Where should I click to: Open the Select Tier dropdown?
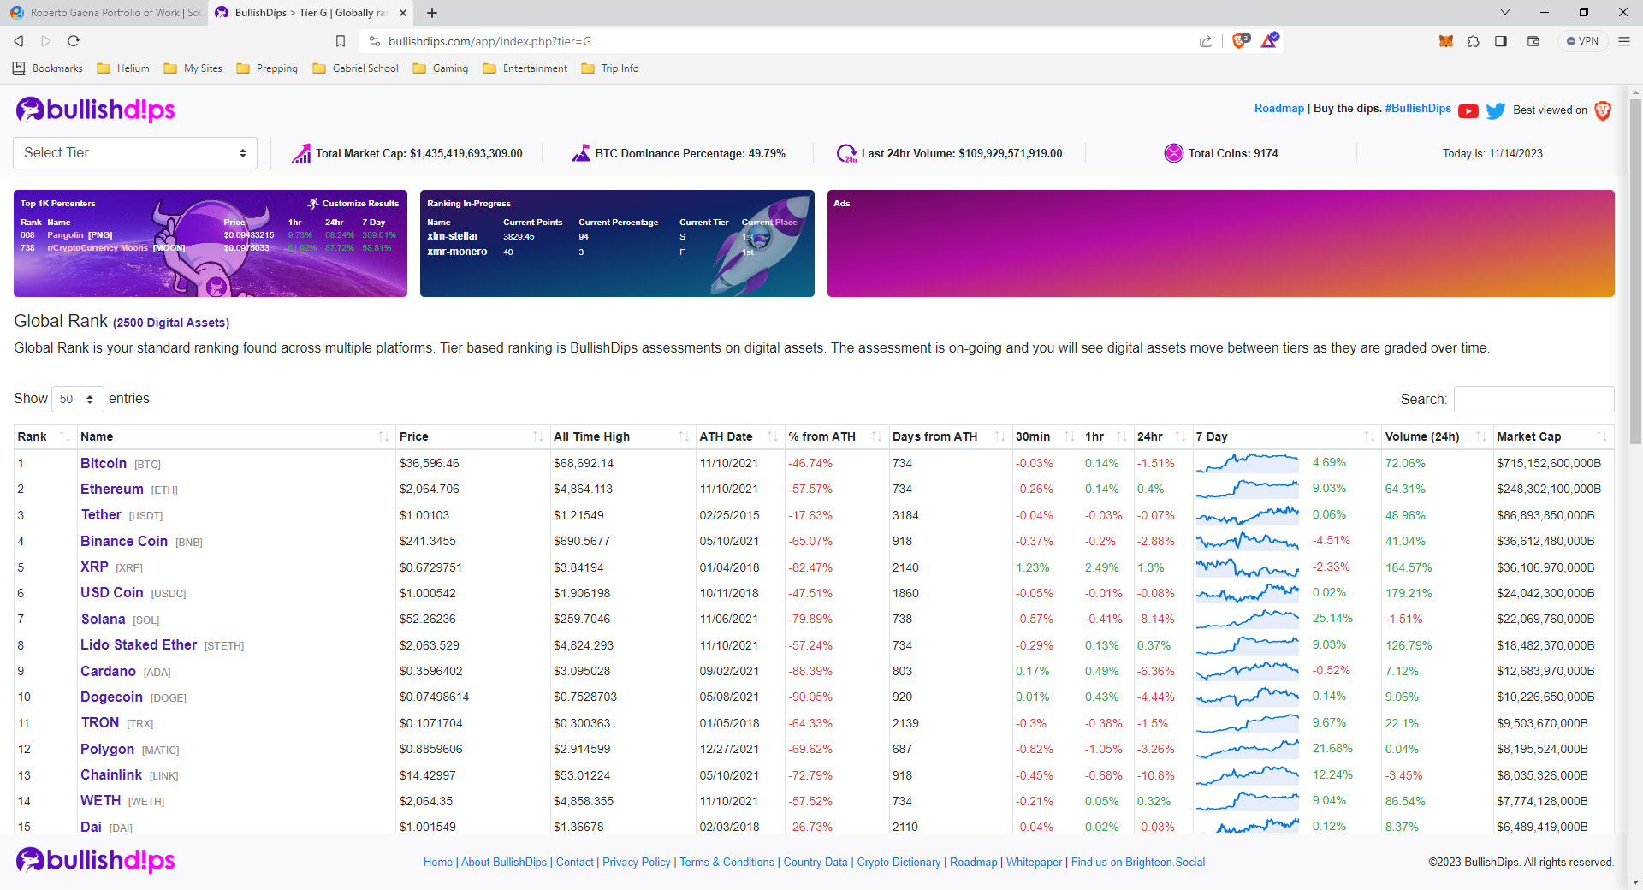pos(135,153)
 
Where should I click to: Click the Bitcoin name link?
pos(104,463)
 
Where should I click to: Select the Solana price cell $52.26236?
pos(428,619)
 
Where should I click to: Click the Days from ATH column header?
pos(934,436)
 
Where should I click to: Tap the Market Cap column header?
pos(1528,436)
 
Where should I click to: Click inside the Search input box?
pos(1533,399)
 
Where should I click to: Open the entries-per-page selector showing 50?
pos(77,399)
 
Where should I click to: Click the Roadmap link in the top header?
pos(1278,109)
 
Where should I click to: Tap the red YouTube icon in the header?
pos(1468,110)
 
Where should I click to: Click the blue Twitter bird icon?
pos(1496,110)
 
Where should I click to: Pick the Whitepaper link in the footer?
pos(1034,862)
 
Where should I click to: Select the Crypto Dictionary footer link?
pos(899,862)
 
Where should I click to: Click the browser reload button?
pos(74,41)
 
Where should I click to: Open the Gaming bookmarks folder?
pos(441,68)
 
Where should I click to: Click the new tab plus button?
pos(432,13)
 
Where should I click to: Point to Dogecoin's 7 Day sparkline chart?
pos(1247,697)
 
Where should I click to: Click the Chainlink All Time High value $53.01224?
pos(582,775)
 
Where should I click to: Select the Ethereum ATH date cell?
pos(729,489)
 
